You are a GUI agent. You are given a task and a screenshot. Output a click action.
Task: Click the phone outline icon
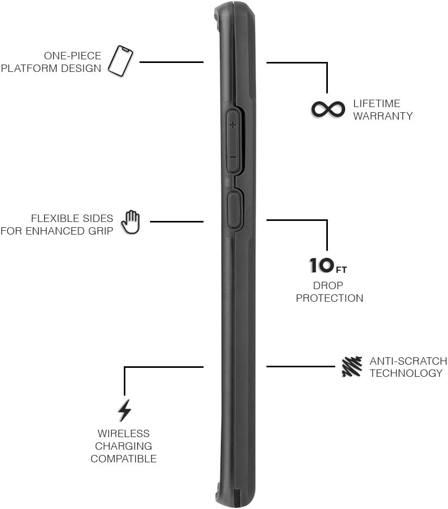(x=120, y=61)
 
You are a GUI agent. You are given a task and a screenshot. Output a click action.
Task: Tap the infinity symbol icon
(x=327, y=109)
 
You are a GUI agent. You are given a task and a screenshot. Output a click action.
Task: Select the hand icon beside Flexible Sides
(x=131, y=222)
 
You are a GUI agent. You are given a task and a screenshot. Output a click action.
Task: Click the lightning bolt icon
(x=124, y=410)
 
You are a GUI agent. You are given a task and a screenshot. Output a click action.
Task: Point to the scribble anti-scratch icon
(x=352, y=367)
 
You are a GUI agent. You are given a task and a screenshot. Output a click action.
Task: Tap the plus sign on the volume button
(x=232, y=125)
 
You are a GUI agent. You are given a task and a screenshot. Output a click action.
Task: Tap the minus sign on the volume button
(x=232, y=157)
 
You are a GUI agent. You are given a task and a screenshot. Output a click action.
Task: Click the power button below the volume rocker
(x=234, y=209)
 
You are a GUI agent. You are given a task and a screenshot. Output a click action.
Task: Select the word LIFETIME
(x=377, y=103)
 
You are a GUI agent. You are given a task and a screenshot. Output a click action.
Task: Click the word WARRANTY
(x=383, y=116)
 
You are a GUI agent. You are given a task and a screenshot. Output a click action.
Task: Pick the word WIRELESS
(x=123, y=433)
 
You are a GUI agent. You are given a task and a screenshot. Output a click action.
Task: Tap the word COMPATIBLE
(x=123, y=459)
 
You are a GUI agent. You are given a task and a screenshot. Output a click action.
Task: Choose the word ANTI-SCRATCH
(x=408, y=361)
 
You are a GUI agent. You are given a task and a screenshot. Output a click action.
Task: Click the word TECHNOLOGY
(x=406, y=374)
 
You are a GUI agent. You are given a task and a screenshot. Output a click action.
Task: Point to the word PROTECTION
(x=329, y=298)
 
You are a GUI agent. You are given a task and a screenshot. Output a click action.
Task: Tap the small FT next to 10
(x=341, y=270)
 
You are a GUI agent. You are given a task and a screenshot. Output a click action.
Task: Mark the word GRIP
(x=101, y=231)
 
